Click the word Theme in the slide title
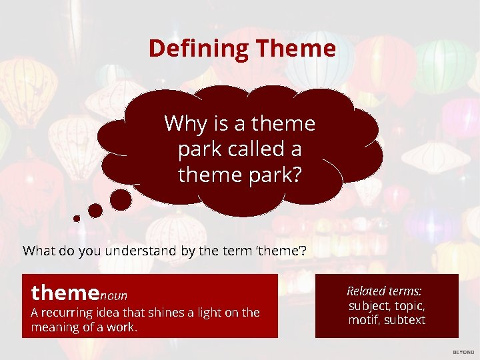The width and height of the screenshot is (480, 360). coord(295,49)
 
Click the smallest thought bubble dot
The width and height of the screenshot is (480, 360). coord(77,218)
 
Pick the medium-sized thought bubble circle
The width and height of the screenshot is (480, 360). coord(95,211)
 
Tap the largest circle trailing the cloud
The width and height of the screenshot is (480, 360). coord(121,199)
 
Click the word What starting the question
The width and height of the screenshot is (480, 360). coord(38,251)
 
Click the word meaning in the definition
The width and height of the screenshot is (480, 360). coord(55,327)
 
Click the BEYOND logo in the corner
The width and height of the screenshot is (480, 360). coord(463,352)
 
